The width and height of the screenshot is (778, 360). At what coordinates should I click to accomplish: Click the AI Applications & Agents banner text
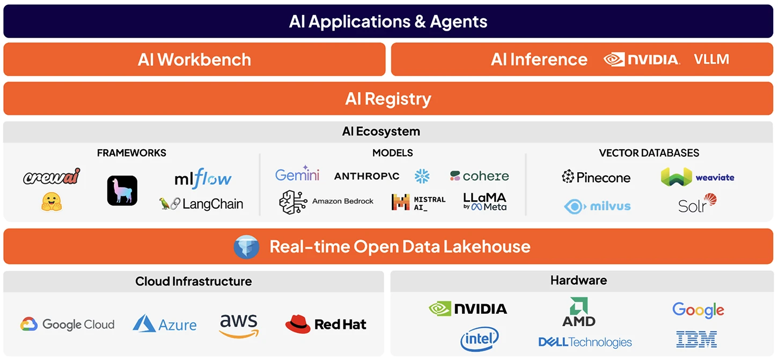(388, 21)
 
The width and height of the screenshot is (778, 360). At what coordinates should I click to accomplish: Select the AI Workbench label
(194, 59)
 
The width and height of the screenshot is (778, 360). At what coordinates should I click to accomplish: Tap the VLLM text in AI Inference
(711, 59)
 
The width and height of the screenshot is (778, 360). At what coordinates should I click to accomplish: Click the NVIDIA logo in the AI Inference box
(642, 60)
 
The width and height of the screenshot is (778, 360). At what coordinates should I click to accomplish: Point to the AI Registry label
(388, 99)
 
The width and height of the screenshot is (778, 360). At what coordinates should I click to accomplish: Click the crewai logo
(52, 177)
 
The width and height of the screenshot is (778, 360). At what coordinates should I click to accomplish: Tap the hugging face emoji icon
(52, 202)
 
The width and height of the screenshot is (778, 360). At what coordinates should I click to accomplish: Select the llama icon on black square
(122, 190)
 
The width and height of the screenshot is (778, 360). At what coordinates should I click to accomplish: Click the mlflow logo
(203, 178)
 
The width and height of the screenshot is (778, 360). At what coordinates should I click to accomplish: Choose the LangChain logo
(202, 204)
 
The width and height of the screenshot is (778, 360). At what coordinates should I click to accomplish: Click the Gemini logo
(297, 174)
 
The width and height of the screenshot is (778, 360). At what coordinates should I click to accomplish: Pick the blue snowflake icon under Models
(422, 175)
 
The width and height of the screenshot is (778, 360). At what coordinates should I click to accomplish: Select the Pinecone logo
(596, 177)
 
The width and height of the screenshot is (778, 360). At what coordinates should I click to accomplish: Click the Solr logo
(697, 204)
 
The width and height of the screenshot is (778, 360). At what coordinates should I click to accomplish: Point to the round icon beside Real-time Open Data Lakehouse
(247, 247)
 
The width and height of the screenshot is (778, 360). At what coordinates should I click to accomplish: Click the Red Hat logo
(326, 324)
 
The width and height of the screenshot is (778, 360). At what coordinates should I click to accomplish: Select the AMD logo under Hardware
(579, 313)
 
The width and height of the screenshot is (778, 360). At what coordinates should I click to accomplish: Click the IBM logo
(696, 339)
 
